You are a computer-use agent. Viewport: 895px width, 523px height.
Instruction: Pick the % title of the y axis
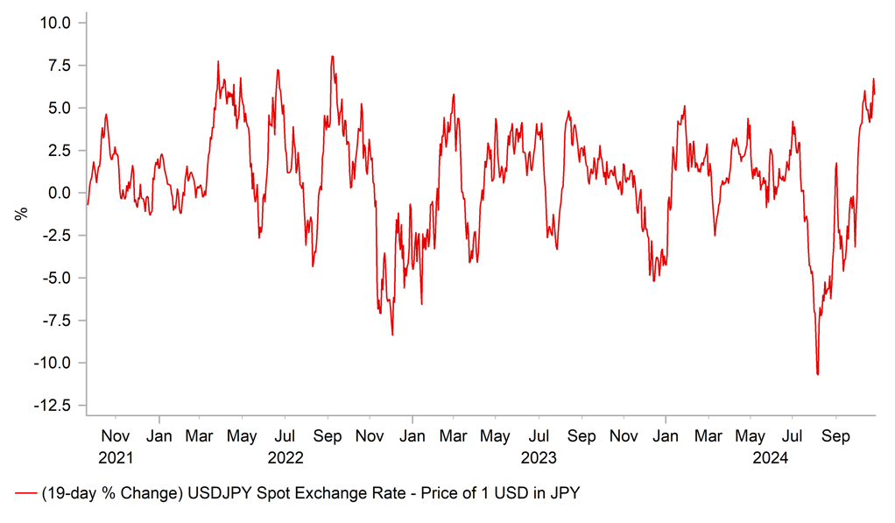coord(22,212)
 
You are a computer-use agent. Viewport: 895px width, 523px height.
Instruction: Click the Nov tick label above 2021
coord(116,435)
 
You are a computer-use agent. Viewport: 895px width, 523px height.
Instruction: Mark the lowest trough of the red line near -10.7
coord(817,375)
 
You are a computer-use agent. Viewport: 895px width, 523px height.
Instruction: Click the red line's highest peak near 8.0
coord(333,57)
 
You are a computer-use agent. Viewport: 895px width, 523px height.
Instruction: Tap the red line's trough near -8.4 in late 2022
coord(392,335)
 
